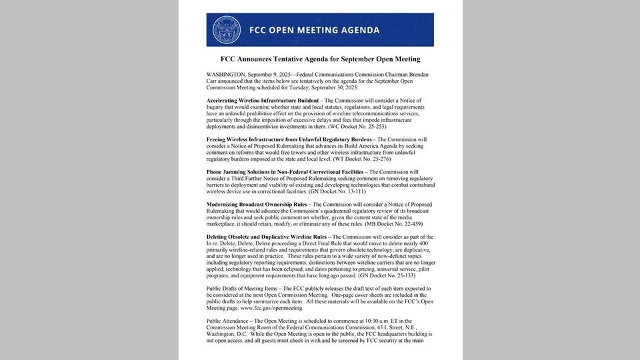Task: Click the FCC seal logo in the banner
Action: [227, 30]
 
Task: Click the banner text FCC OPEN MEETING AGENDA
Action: [314, 30]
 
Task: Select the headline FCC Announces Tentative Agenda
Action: [320, 59]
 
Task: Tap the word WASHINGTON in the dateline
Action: [225, 75]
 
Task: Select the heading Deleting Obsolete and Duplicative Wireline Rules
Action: [266, 237]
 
